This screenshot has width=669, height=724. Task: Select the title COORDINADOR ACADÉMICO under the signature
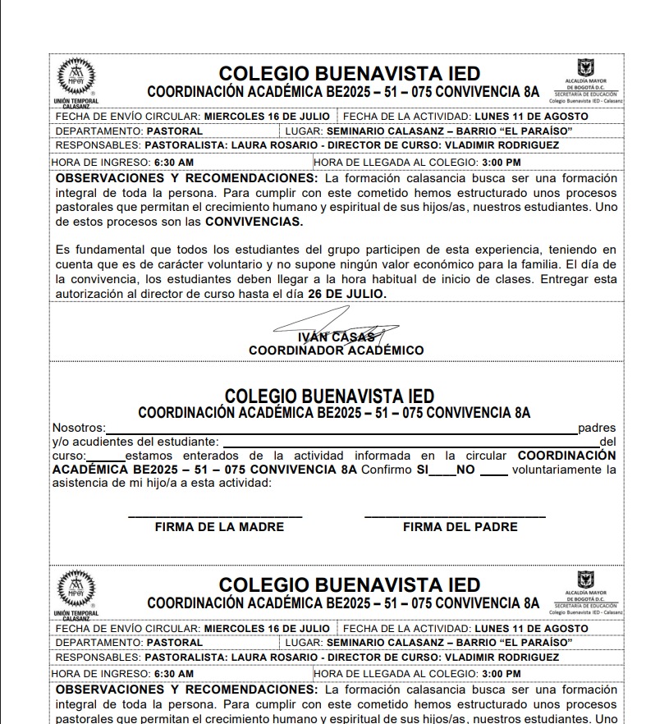pyautogui.click(x=336, y=351)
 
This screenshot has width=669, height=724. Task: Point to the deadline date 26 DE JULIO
pyautogui.click(x=346, y=293)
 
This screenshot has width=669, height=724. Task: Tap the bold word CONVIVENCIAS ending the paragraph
pyautogui.click(x=254, y=222)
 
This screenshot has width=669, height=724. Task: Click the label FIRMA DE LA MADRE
pyautogui.click(x=219, y=527)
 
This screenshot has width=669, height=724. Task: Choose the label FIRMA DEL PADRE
pyautogui.click(x=460, y=527)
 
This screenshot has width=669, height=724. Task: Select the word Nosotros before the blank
pyautogui.click(x=78, y=428)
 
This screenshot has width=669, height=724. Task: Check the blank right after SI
pyautogui.click(x=443, y=472)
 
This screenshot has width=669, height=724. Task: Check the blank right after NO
pyautogui.click(x=493, y=472)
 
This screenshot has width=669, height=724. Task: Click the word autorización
pyautogui.click(x=89, y=293)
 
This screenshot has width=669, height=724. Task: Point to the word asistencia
pyautogui.click(x=81, y=483)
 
